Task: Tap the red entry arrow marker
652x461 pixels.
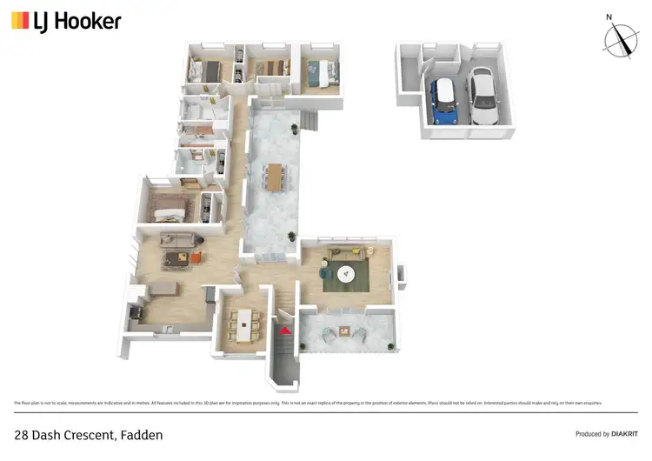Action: click(x=283, y=330)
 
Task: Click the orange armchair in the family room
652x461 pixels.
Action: click(x=196, y=257)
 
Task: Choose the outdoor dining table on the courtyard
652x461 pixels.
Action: click(x=276, y=176)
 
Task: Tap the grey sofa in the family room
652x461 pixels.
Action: click(x=178, y=240)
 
